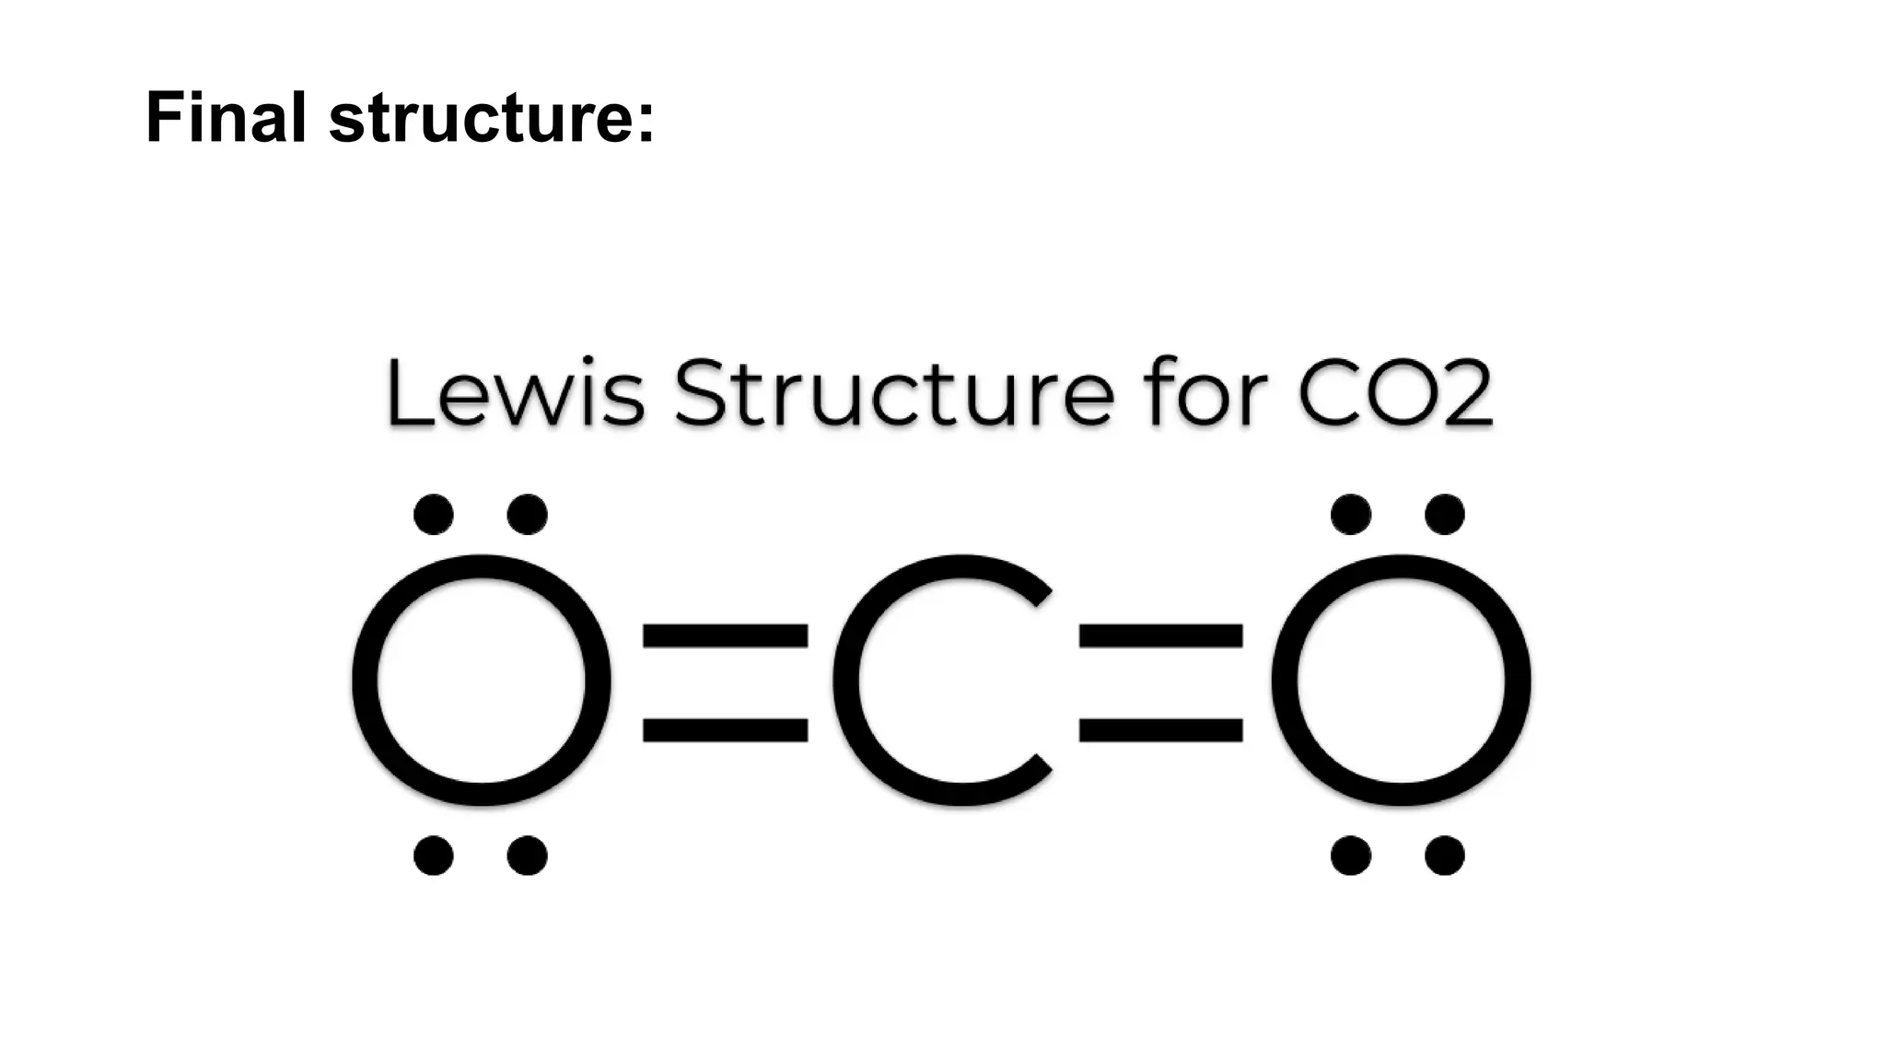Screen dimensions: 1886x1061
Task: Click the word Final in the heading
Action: (226, 118)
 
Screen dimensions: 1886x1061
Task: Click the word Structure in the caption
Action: (893, 394)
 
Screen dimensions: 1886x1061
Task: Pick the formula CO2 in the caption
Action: (1395, 393)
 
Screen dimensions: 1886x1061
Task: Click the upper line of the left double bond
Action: (725, 635)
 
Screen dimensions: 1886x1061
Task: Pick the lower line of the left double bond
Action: (725, 729)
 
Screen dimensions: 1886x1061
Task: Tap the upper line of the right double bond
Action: (1161, 635)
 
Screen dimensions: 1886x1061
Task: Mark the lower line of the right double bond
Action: (1161, 729)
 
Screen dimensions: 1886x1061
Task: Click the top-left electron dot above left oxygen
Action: (434, 514)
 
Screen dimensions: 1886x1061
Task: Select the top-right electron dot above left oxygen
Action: (528, 514)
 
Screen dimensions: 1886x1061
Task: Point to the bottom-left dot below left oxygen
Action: (434, 856)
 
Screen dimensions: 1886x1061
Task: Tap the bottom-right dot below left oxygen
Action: (528, 856)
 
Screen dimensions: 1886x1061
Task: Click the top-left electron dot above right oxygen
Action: (1351, 514)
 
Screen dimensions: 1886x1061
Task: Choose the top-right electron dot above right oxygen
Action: (1445, 514)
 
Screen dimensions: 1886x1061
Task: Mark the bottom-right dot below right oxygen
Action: (1445, 856)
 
